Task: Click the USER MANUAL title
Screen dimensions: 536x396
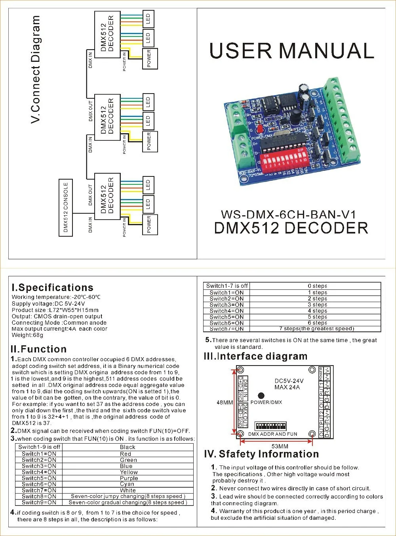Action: point(291,51)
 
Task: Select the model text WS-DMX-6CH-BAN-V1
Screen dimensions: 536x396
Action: point(289,214)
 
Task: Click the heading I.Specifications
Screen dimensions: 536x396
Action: point(53,288)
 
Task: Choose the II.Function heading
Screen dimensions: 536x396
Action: point(39,349)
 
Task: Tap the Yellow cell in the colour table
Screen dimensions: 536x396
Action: point(128,472)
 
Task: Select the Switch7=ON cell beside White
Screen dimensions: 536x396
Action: point(39,490)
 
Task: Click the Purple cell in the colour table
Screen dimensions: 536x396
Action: point(128,478)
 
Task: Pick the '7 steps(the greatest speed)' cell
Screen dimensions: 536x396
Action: point(316,329)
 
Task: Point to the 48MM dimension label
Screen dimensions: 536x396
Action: point(225,402)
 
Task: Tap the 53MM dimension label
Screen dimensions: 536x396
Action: point(280,446)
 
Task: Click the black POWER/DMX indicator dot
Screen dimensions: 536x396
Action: point(261,395)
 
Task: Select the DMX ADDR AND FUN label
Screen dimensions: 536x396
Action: point(272,434)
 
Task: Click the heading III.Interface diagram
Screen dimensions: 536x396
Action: point(255,356)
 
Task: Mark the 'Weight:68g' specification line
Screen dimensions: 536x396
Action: point(28,335)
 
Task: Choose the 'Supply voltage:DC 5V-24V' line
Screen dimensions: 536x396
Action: point(48,304)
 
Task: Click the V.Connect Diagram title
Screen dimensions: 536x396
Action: point(36,69)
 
